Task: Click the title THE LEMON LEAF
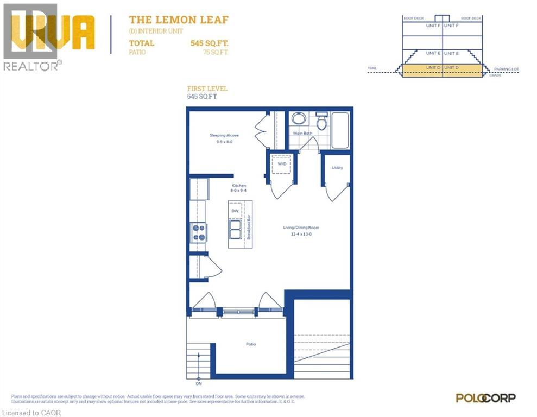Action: (x=178, y=20)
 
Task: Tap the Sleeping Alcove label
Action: (x=224, y=135)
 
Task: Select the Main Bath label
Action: (x=302, y=133)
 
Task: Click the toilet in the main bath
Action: (x=321, y=121)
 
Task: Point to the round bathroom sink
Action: (x=298, y=118)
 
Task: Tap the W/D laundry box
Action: (x=282, y=163)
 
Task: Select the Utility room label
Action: (x=337, y=168)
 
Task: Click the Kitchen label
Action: (x=238, y=185)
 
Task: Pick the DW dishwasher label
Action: (x=235, y=211)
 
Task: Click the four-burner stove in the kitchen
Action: (x=198, y=232)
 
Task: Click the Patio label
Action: (x=250, y=344)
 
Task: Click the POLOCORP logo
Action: (x=485, y=398)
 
